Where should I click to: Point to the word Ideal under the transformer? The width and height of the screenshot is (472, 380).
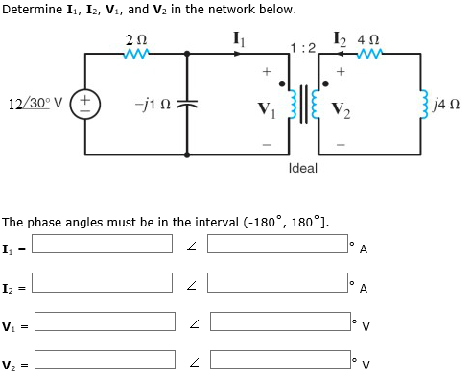point(302,168)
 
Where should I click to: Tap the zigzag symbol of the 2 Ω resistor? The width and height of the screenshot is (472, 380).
point(135,54)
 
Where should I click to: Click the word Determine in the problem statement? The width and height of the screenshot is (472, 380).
point(34,10)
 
